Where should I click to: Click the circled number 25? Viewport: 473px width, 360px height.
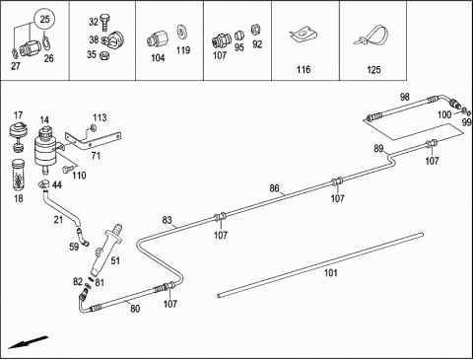pos(44,19)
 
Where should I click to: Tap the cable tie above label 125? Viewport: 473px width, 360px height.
pos(372,36)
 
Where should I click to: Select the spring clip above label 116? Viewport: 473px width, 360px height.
pos(304,35)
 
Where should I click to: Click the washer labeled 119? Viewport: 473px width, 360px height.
pos(181,32)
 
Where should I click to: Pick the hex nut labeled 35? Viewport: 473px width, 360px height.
pos(104,56)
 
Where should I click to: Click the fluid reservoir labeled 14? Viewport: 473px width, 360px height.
pos(46,149)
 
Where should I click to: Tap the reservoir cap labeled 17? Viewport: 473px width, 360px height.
pos(19,136)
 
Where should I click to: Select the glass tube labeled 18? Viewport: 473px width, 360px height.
pos(19,176)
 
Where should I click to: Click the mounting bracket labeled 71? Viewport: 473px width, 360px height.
pos(93,140)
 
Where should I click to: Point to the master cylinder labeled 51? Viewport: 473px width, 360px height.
pos(105,250)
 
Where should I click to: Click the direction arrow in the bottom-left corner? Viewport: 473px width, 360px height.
pos(28,342)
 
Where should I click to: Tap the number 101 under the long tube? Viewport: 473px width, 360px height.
pos(331,273)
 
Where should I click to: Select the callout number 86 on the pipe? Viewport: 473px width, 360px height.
pos(274,188)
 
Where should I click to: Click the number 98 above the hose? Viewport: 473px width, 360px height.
pos(405,97)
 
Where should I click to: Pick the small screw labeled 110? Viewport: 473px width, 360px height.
pos(67,170)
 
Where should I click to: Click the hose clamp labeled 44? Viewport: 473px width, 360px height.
pos(44,184)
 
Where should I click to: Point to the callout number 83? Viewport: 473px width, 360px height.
pos(167,220)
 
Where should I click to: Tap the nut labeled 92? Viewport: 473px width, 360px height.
pos(255,30)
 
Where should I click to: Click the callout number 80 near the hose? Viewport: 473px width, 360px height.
pos(135,309)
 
